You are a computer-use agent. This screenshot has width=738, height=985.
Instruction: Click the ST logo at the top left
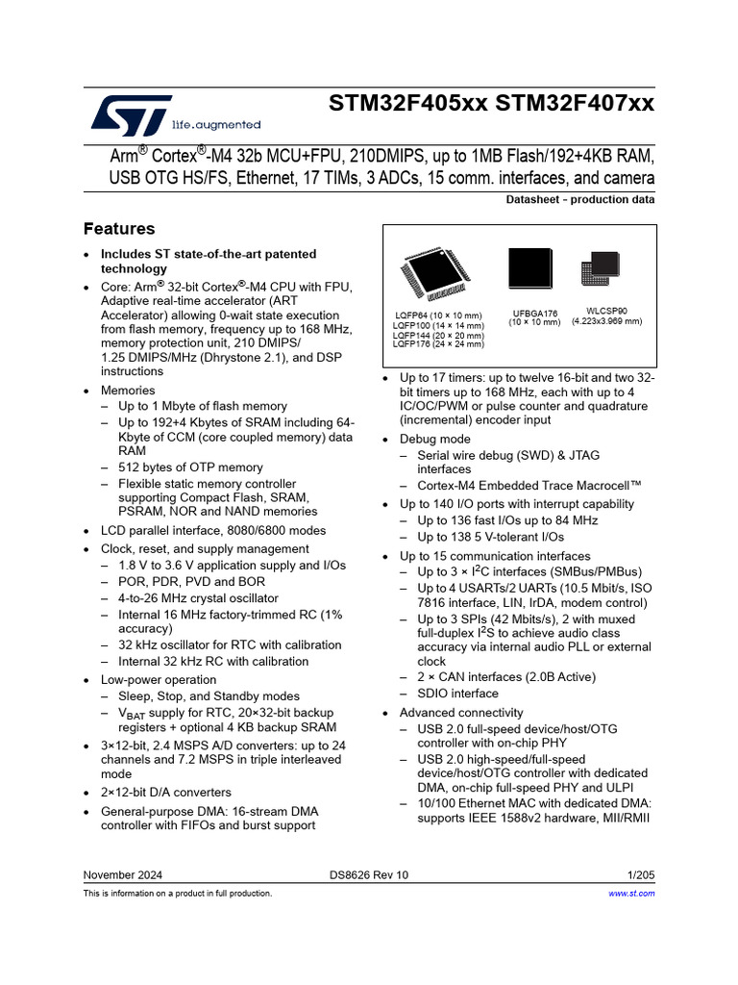[x=131, y=114]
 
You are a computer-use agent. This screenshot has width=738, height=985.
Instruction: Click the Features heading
[x=119, y=229]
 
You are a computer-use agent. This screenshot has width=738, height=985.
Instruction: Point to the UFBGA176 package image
[x=530, y=271]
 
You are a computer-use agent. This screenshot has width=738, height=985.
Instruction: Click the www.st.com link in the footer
[x=632, y=894]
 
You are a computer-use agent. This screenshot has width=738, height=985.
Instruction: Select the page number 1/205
[x=640, y=874]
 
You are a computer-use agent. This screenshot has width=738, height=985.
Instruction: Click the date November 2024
[x=123, y=874]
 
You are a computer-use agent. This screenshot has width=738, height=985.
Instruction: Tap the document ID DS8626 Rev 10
[x=368, y=874]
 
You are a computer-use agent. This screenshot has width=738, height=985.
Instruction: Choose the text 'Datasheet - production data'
[x=580, y=200]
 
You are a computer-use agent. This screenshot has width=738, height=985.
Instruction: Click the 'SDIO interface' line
[x=457, y=694]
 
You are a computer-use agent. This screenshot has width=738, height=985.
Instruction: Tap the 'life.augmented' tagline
[x=215, y=124]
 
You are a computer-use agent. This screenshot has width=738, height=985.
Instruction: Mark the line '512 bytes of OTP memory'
[x=190, y=467]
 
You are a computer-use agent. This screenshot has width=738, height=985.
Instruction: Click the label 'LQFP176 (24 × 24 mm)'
[x=438, y=344]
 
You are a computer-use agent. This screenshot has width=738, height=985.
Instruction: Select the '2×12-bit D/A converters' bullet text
[x=166, y=793]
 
